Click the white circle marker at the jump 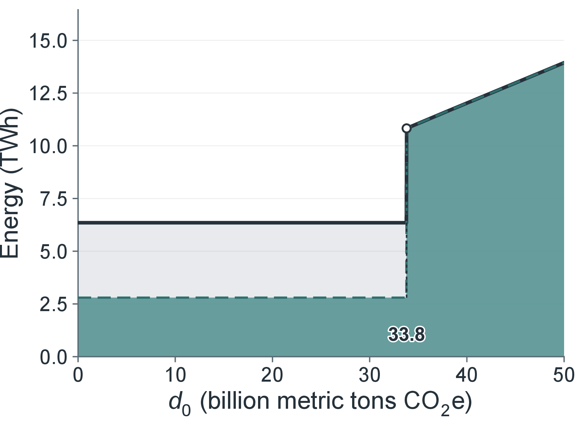click(406, 128)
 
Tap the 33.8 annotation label click(407, 334)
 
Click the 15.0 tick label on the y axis click(48, 41)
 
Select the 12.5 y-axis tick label click(48, 94)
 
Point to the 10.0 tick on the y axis click(48, 146)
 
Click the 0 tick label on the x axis click(78, 375)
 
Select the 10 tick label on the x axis click(175, 375)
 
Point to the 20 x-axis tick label click(272, 375)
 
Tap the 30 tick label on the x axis click(370, 375)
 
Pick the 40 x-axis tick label click(467, 375)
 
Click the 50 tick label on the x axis click(564, 375)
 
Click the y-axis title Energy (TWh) click(11, 183)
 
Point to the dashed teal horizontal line click(242, 297)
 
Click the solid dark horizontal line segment click(242, 223)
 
